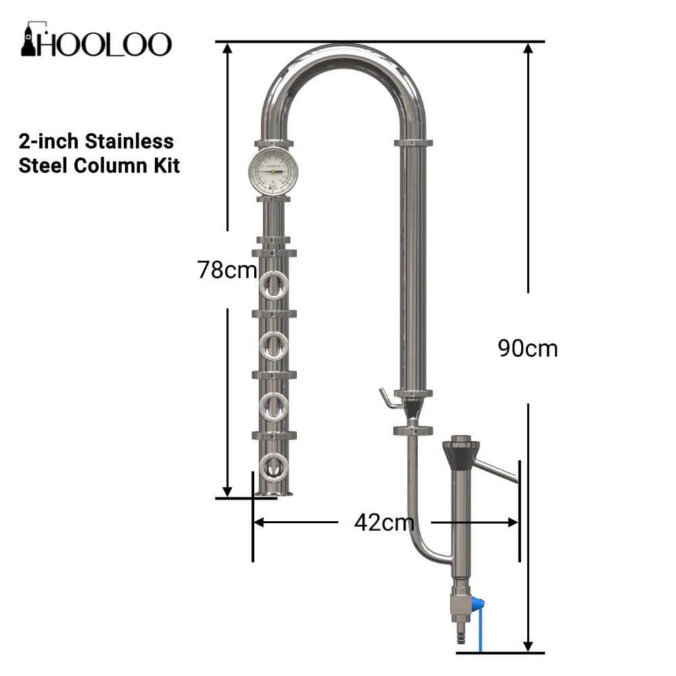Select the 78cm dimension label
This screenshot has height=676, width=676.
[227, 270]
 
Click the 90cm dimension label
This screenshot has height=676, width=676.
[528, 348]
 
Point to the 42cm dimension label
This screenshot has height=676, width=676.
[384, 523]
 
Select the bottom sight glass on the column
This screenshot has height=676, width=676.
[274, 467]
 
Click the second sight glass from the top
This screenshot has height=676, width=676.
[274, 346]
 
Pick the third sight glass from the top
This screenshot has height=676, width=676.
[274, 406]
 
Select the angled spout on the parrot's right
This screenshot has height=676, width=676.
[497, 471]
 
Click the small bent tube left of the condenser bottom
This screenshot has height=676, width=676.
[387, 399]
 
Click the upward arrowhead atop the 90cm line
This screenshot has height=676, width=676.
[528, 49]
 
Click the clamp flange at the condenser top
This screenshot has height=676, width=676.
[413, 143]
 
